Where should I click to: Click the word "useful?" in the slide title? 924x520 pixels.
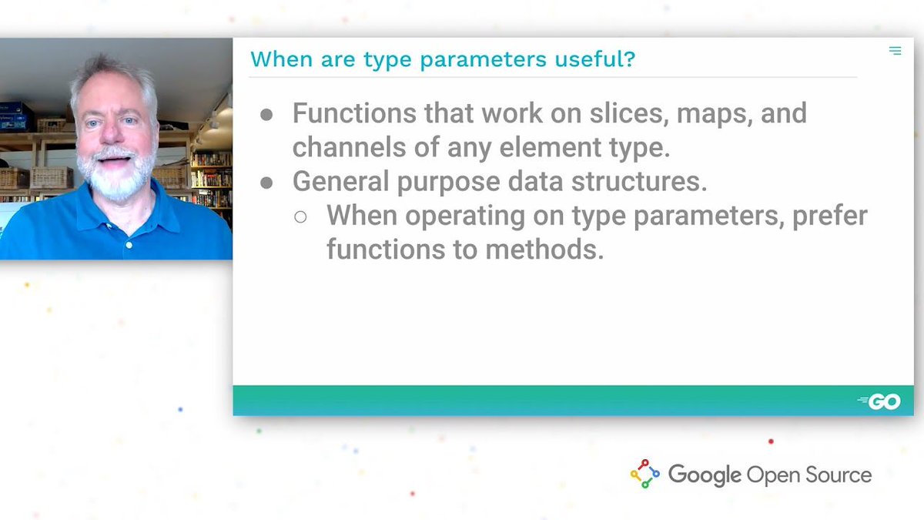point(594,59)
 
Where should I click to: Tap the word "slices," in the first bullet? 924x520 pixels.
point(629,113)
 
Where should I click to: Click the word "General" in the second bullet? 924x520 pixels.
point(340,181)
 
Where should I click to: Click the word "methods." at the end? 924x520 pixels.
point(544,250)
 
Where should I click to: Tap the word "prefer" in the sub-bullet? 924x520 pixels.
point(830,216)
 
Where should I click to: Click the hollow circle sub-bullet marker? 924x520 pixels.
point(300,216)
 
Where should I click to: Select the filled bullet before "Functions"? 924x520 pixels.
point(266,115)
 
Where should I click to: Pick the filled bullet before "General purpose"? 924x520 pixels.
point(266,183)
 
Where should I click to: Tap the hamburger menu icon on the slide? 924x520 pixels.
point(895,51)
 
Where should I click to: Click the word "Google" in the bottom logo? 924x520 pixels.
point(705,475)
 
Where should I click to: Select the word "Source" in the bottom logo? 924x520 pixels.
point(839,475)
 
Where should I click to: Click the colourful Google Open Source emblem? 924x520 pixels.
point(645,474)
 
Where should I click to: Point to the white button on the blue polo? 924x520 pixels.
point(129,246)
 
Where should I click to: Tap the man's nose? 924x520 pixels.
point(109,132)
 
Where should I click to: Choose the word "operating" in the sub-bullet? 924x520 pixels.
point(465,216)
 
